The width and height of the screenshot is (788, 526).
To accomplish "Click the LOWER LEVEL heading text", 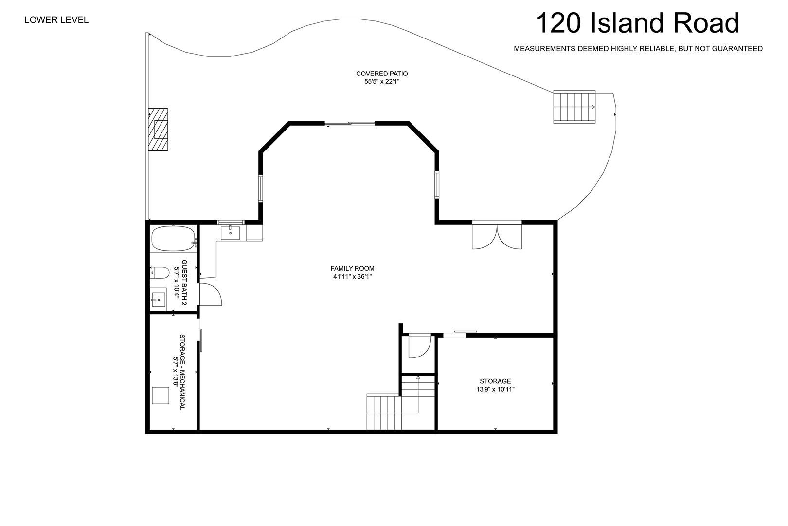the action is pyautogui.click(x=56, y=20).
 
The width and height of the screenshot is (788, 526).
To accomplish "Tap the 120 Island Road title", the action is pyautogui.click(x=637, y=23).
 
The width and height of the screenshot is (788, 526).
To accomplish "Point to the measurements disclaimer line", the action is pyautogui.click(x=638, y=49).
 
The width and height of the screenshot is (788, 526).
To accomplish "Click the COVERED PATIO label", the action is pyautogui.click(x=382, y=74).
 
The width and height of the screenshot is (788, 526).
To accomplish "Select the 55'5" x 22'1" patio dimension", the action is pyautogui.click(x=382, y=82).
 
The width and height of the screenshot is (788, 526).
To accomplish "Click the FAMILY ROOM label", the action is pyautogui.click(x=353, y=268).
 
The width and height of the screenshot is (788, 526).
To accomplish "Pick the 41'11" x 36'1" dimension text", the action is pyautogui.click(x=353, y=277).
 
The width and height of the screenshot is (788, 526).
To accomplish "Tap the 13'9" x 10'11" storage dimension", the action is pyautogui.click(x=495, y=389).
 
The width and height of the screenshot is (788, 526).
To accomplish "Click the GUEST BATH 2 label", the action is pyautogui.click(x=184, y=282).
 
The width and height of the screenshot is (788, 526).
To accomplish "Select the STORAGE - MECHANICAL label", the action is pyautogui.click(x=182, y=372).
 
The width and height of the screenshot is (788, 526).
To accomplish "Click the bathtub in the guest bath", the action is pyautogui.click(x=174, y=239).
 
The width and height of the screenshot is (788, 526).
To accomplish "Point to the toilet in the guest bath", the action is pyautogui.click(x=160, y=273).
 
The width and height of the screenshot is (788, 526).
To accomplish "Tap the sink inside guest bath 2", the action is pyautogui.click(x=158, y=300).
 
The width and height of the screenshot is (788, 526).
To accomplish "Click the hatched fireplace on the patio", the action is pyautogui.click(x=158, y=129).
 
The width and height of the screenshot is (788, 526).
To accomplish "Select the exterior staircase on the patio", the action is pyautogui.click(x=574, y=107).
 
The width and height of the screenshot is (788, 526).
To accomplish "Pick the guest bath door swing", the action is pyautogui.click(x=210, y=294).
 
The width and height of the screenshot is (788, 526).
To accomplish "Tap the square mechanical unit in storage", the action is pyautogui.click(x=161, y=395).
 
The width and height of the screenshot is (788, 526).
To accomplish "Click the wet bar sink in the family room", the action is pyautogui.click(x=231, y=233).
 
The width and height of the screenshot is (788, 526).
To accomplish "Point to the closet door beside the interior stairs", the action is pyautogui.click(x=420, y=346).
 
